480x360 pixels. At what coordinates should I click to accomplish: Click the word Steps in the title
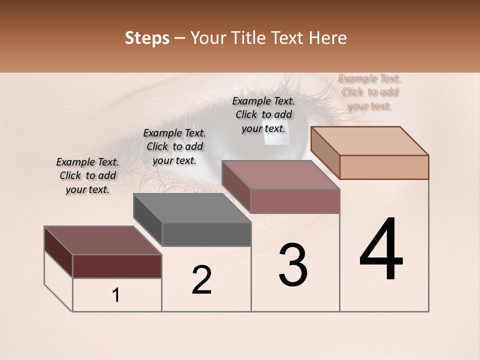(147, 38)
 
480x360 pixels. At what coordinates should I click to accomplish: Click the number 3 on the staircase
(293, 265)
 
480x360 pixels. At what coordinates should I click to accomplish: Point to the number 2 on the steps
(201, 280)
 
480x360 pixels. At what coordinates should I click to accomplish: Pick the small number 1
(116, 295)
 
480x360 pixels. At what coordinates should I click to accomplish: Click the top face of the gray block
(192, 208)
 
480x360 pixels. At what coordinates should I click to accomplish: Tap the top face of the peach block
(370, 140)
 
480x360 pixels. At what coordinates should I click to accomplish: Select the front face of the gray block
(206, 234)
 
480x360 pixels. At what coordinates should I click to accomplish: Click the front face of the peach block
(384, 167)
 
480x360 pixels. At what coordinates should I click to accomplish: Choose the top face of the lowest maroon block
(102, 240)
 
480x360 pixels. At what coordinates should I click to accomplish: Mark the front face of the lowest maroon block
(117, 266)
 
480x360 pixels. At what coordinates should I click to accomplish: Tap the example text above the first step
(87, 175)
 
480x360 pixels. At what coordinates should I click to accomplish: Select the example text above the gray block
(174, 146)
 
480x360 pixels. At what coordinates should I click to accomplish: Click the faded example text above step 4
(369, 91)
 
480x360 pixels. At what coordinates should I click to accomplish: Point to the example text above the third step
(263, 114)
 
